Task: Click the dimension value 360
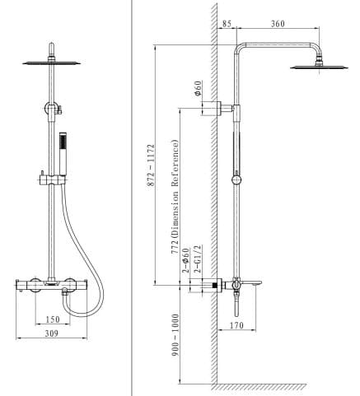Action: tap(277, 24)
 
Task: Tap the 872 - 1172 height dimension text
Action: tap(151, 169)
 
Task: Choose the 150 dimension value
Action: tap(54, 319)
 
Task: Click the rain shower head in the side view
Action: tap(317, 65)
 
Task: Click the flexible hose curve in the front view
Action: tap(94, 247)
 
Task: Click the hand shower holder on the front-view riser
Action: tap(51, 177)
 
